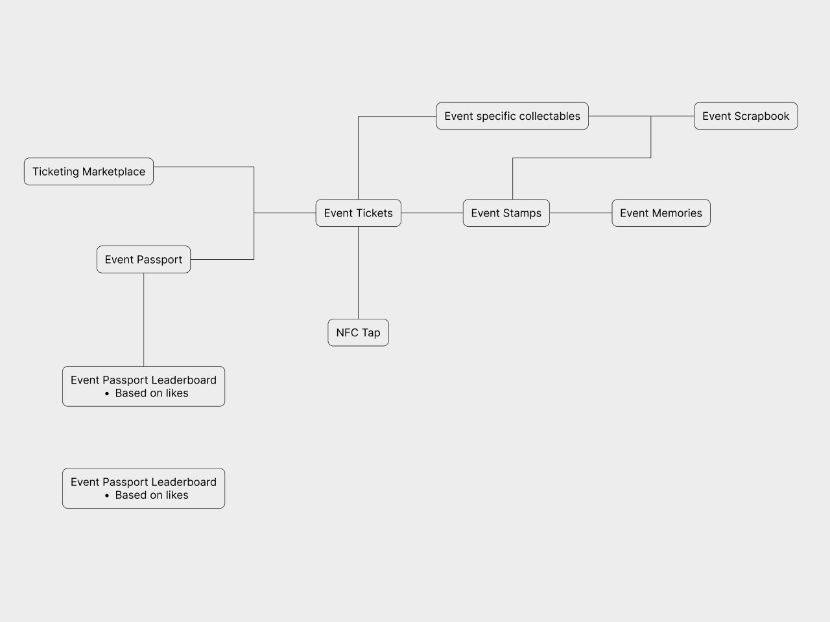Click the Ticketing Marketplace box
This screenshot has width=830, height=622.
coord(89,172)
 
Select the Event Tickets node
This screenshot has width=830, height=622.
coord(358,213)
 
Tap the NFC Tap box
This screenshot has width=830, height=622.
coord(358,332)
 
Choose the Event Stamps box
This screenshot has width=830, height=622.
coord(506,213)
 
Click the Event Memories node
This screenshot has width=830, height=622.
coord(661,213)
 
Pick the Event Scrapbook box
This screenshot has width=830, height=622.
coord(746,116)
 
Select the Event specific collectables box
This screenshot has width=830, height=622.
coord(512,116)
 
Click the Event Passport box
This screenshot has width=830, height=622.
coord(143,260)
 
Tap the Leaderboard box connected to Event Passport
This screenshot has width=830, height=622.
coord(143,387)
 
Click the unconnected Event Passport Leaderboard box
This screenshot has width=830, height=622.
coord(143,489)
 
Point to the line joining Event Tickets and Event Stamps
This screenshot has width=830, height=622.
coord(432,213)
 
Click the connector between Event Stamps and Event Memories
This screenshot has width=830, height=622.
coord(580,213)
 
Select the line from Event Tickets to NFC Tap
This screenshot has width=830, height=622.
coord(358,272)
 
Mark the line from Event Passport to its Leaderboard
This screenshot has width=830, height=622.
coord(143,319)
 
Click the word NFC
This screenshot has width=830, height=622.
coord(347,332)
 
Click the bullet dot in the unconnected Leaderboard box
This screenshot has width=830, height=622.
coord(106,496)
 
